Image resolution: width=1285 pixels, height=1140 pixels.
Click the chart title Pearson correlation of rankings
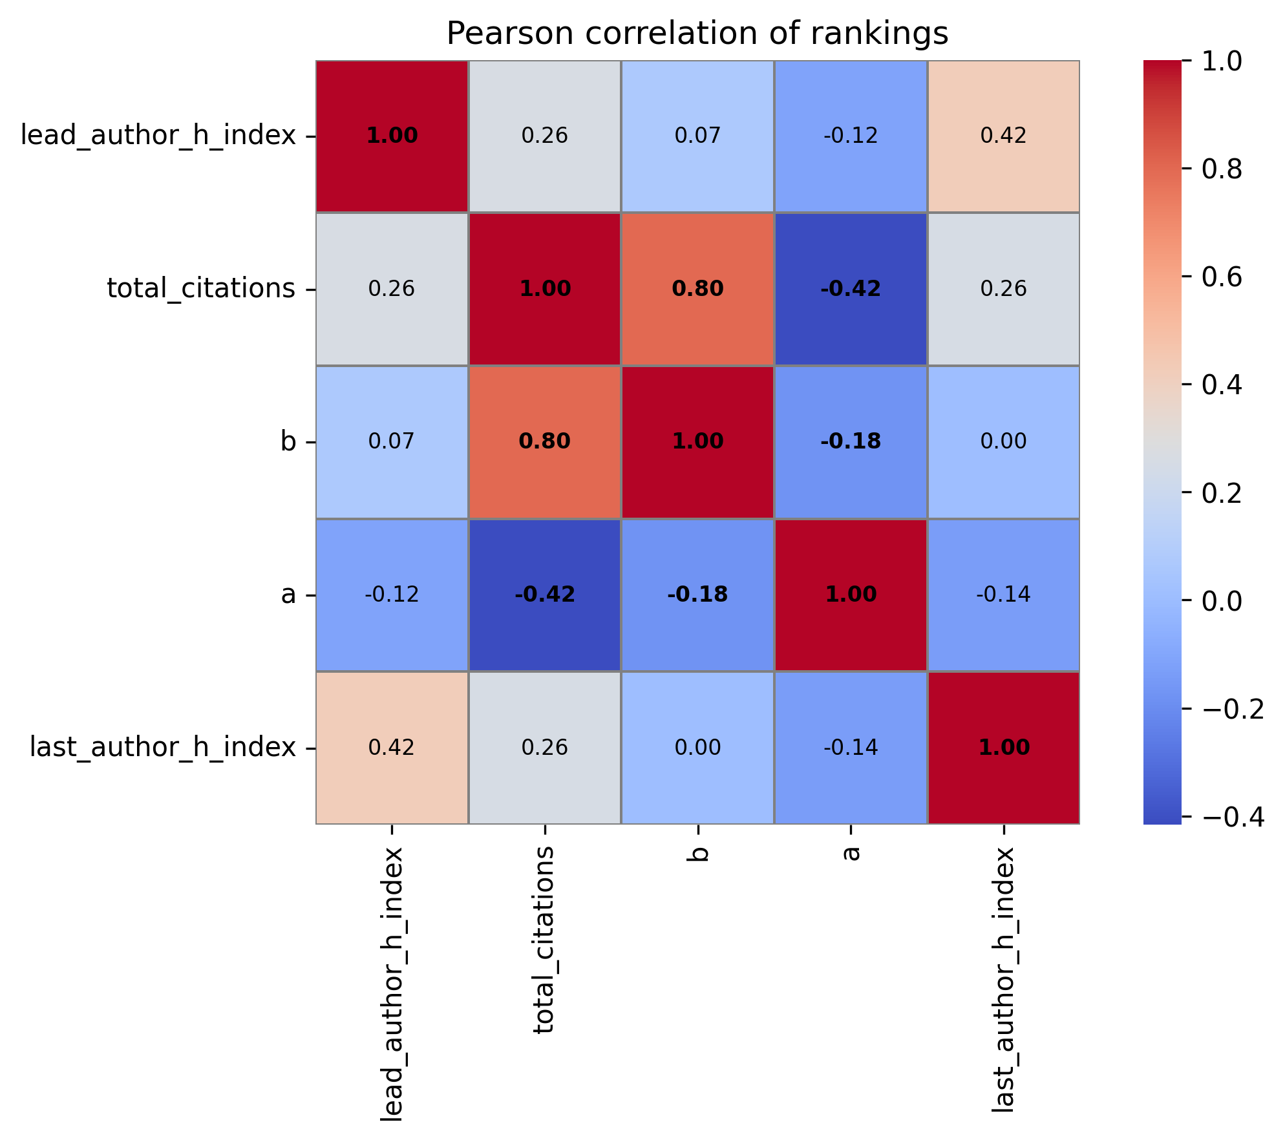click(x=697, y=34)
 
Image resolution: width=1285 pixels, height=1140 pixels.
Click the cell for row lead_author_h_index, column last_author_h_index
click(x=1003, y=136)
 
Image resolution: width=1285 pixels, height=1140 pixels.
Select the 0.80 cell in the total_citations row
click(x=697, y=289)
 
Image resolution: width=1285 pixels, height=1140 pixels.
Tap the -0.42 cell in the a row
click(x=545, y=595)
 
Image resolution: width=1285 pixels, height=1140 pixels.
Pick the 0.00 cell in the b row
click(x=1003, y=442)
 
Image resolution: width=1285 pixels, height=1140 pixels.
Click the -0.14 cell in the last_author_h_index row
click(x=851, y=748)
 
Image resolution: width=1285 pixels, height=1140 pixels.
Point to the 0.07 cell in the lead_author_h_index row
click(x=697, y=136)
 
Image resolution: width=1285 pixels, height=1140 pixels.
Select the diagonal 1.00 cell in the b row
click(x=697, y=442)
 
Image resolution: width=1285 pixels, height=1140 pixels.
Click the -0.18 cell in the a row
click(x=697, y=595)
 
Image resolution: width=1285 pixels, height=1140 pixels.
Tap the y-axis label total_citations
click(x=201, y=289)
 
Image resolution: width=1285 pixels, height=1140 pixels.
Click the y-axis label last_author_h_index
click(x=163, y=748)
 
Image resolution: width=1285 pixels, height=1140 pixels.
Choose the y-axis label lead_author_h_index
click(x=158, y=136)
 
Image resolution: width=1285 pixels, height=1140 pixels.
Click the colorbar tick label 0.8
click(x=1221, y=169)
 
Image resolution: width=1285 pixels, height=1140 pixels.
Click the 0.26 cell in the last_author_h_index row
click(x=545, y=748)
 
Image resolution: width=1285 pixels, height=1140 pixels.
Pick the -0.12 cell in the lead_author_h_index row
click(x=851, y=136)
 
